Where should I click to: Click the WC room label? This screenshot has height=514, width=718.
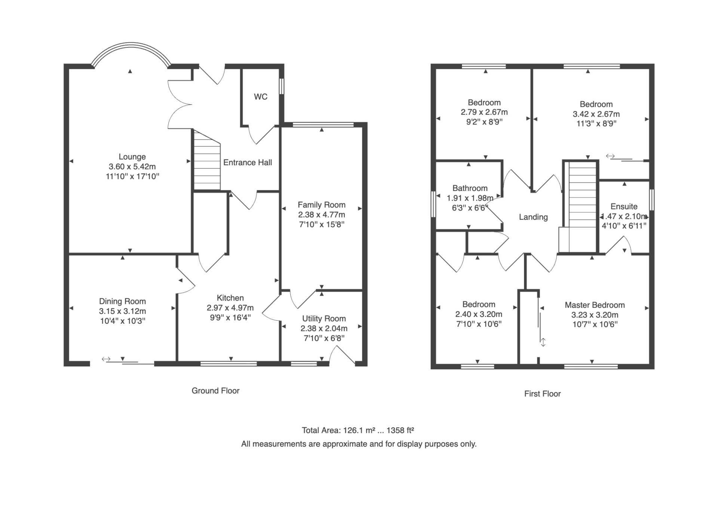261,97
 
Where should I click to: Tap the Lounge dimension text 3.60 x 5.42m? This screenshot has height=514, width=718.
132,167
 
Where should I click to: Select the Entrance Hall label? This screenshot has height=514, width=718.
248,163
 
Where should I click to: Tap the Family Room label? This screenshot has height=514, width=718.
322,205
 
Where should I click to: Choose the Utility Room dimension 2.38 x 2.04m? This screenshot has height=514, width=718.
324,329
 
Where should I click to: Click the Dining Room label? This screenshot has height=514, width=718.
122,301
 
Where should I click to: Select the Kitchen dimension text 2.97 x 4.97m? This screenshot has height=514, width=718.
230,308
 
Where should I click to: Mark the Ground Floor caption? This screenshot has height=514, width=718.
215,391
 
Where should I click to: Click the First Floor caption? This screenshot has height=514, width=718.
542,394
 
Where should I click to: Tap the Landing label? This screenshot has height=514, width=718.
533,217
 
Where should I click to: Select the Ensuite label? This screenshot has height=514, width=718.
624,206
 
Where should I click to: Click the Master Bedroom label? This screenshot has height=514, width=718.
595,305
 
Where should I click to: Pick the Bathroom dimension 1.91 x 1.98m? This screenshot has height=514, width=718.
470,198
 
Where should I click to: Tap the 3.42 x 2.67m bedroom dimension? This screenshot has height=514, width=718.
596,114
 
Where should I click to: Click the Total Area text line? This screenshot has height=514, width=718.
358,430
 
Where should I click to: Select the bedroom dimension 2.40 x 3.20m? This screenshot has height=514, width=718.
479,314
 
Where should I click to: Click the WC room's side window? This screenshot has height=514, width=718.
282,86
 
